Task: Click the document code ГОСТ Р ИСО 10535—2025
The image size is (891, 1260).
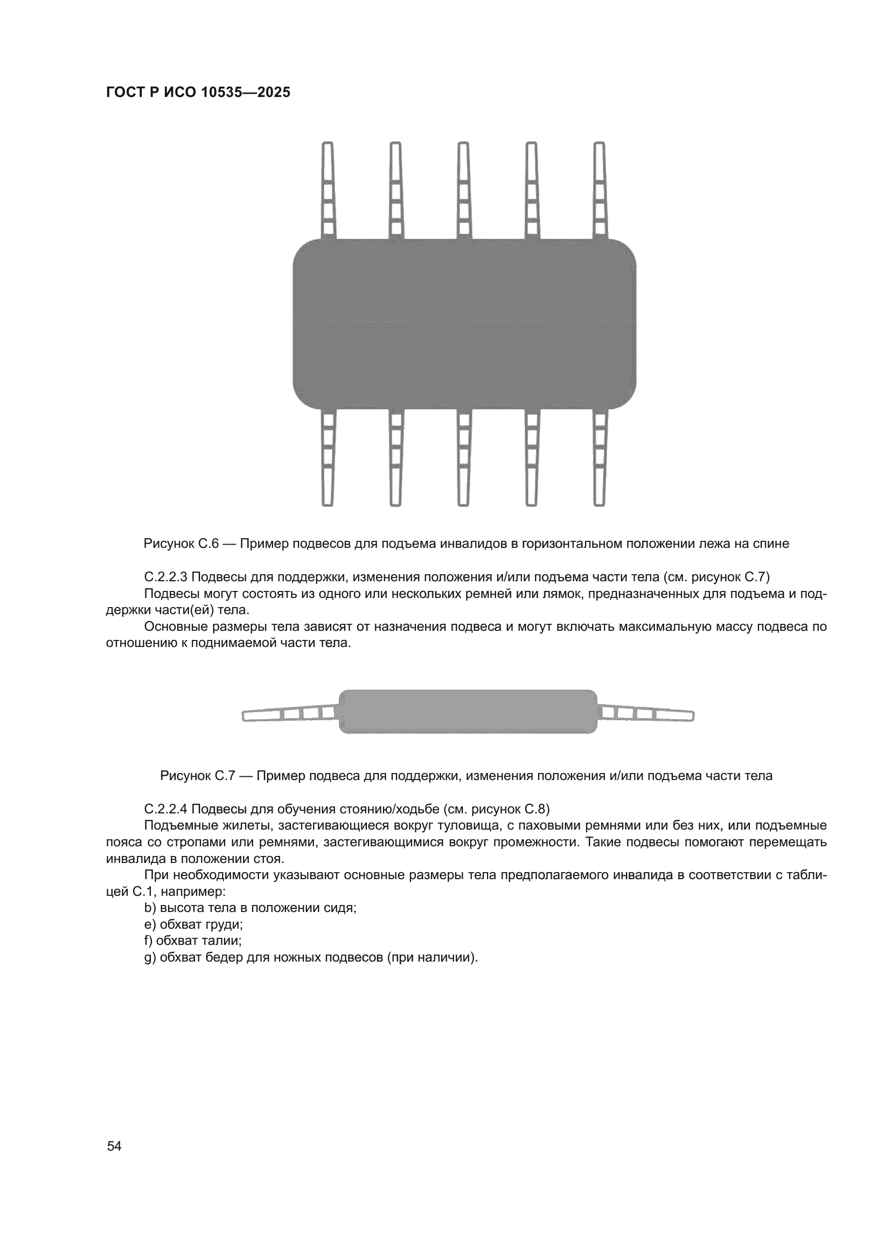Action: click(198, 92)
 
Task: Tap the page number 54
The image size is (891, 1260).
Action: click(114, 1146)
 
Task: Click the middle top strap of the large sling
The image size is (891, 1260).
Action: click(464, 190)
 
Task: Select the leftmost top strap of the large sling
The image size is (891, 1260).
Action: click(328, 190)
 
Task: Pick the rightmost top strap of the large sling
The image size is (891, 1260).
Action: click(600, 190)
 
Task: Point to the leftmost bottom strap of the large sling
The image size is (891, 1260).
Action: click(328, 458)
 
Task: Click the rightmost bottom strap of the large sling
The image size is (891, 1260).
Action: click(600, 458)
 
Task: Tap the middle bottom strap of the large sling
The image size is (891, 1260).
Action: click(464, 458)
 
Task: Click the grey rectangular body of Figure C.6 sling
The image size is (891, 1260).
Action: click(465, 324)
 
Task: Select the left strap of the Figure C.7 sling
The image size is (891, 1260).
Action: click(290, 714)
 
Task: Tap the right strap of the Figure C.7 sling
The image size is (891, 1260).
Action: click(645, 714)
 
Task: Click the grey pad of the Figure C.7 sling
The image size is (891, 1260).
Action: click(468, 711)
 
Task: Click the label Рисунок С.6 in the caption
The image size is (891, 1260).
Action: click(181, 544)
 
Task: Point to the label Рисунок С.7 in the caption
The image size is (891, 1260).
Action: click(198, 776)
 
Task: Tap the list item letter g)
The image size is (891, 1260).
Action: click(150, 958)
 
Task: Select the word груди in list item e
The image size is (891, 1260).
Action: click(225, 925)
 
